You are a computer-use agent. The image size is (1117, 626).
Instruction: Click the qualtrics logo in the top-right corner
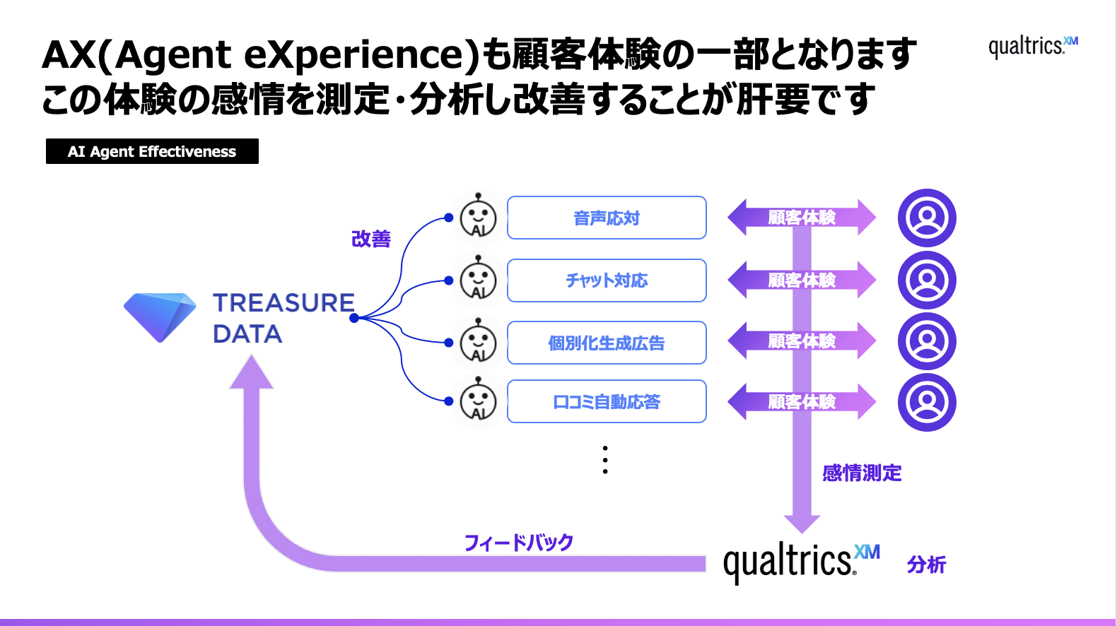(1033, 47)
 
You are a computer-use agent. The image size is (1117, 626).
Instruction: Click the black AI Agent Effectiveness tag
(152, 151)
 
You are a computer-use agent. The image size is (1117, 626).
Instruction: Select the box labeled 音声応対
(607, 218)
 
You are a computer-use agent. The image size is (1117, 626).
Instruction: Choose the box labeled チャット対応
(607, 280)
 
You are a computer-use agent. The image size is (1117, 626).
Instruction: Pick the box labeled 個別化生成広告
(607, 343)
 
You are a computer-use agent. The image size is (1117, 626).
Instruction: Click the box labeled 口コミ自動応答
(607, 402)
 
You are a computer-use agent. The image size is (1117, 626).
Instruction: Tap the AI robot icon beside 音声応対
(479, 218)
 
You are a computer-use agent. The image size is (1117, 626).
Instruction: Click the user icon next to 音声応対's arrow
(927, 218)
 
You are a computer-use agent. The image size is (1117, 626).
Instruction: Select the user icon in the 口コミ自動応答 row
(927, 402)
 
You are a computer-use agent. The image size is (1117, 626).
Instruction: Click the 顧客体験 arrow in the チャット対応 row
(802, 280)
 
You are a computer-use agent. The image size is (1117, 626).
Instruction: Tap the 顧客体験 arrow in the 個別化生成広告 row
(802, 341)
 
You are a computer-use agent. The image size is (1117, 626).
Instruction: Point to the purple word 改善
(371, 239)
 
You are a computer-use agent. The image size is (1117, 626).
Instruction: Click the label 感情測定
(862, 473)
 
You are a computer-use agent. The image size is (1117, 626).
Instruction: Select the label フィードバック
(518, 543)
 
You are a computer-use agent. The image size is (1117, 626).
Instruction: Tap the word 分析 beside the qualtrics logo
(926, 565)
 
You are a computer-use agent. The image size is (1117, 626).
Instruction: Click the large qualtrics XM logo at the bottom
(801, 562)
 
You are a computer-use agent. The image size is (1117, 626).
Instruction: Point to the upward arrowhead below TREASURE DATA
(251, 372)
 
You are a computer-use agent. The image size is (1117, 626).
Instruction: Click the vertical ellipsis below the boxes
(605, 460)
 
